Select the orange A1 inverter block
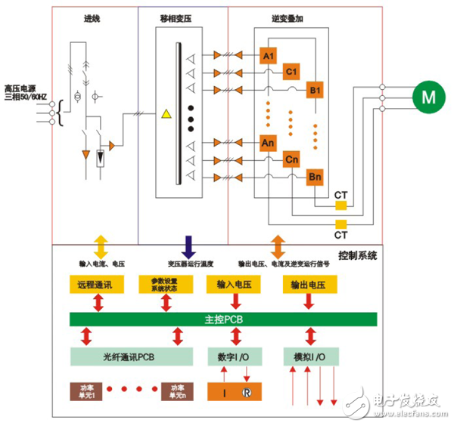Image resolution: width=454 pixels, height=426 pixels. [x=267, y=56]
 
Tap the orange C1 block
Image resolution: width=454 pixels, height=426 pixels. [x=291, y=73]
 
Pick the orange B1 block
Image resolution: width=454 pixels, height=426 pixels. [x=315, y=90]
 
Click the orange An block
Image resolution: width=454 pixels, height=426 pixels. [x=267, y=142]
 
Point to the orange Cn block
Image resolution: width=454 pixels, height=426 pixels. [x=291, y=159]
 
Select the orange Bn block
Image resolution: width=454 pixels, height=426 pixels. [x=315, y=177]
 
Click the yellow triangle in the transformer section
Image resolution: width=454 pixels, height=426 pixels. [x=165, y=115]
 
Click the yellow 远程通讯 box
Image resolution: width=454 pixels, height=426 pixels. [x=93, y=286]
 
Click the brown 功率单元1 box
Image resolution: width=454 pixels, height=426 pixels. [x=84, y=392]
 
